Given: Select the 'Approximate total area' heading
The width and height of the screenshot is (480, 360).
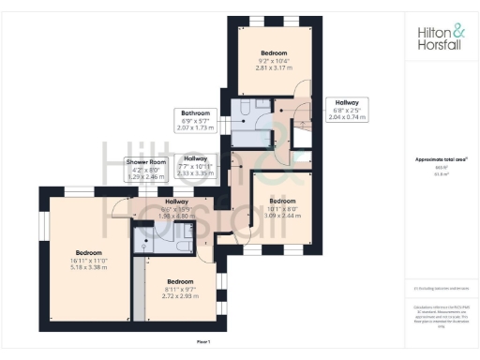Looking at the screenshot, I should (439, 160).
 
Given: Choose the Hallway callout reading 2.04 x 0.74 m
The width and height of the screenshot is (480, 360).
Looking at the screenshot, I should (347, 109).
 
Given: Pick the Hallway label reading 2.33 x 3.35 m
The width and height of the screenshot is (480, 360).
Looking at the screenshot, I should (196, 165).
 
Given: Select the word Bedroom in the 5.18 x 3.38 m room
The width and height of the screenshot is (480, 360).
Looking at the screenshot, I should (89, 252).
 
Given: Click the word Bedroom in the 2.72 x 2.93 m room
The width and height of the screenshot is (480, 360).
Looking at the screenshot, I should (180, 281).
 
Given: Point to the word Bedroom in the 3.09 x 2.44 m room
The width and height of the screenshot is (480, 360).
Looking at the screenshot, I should (283, 201).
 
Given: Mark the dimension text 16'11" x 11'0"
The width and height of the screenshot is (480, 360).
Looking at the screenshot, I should (89, 260).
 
